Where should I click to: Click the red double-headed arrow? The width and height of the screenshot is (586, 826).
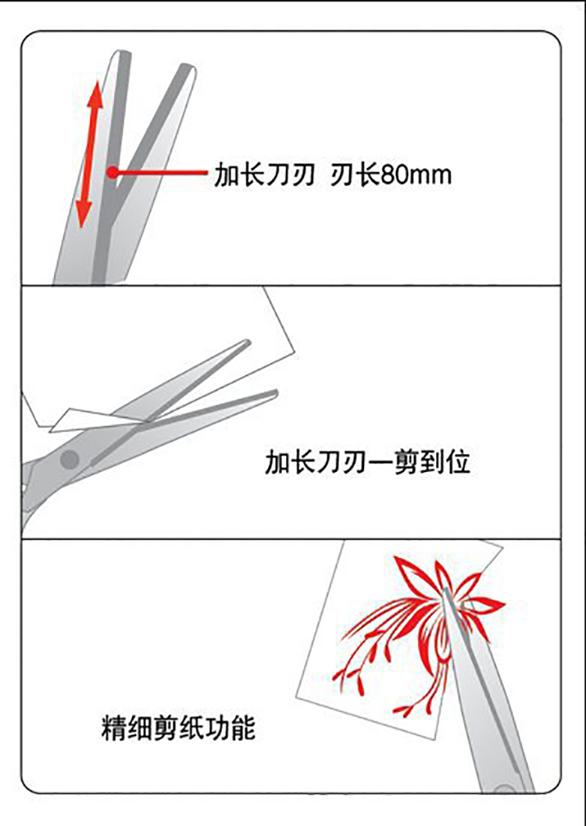[88, 154]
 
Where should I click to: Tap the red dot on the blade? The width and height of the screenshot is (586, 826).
[113, 172]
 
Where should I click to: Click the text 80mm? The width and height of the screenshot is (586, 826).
[416, 175]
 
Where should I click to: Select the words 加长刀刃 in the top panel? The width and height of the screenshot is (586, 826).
[265, 175]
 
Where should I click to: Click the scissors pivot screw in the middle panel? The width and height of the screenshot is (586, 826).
[69, 459]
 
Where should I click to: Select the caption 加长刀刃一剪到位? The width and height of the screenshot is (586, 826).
[367, 462]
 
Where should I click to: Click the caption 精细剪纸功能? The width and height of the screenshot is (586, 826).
[178, 728]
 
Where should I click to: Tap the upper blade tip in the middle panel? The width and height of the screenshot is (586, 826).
[248, 341]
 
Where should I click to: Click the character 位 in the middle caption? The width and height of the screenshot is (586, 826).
[458, 462]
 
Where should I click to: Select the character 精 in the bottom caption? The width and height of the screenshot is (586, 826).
[114, 728]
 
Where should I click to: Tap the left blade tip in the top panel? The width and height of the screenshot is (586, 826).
[122, 52]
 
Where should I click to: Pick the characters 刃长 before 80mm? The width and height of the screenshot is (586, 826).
[355, 175]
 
